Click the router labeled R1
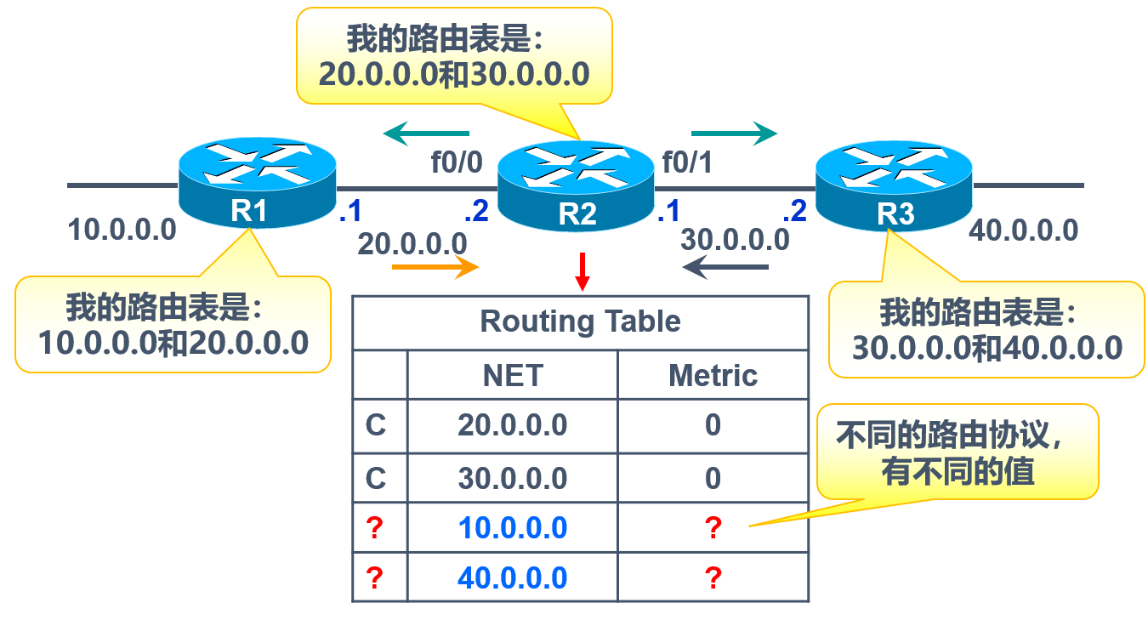pos(258,183)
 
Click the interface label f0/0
pos(457,162)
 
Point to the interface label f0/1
pos(686,162)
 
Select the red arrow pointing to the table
pos(582,270)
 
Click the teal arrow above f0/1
pos(734,134)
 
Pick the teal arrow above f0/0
pos(426,133)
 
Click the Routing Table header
pos(581,321)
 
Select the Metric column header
pos(713,375)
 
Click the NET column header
pos(512,375)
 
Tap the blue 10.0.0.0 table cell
pos(512,528)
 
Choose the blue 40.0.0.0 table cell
pos(512,578)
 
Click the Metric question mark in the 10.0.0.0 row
pos(713,528)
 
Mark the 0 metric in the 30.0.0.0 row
pos(713,478)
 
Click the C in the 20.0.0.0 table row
pos(376,425)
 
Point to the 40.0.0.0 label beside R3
pos(1024,230)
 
